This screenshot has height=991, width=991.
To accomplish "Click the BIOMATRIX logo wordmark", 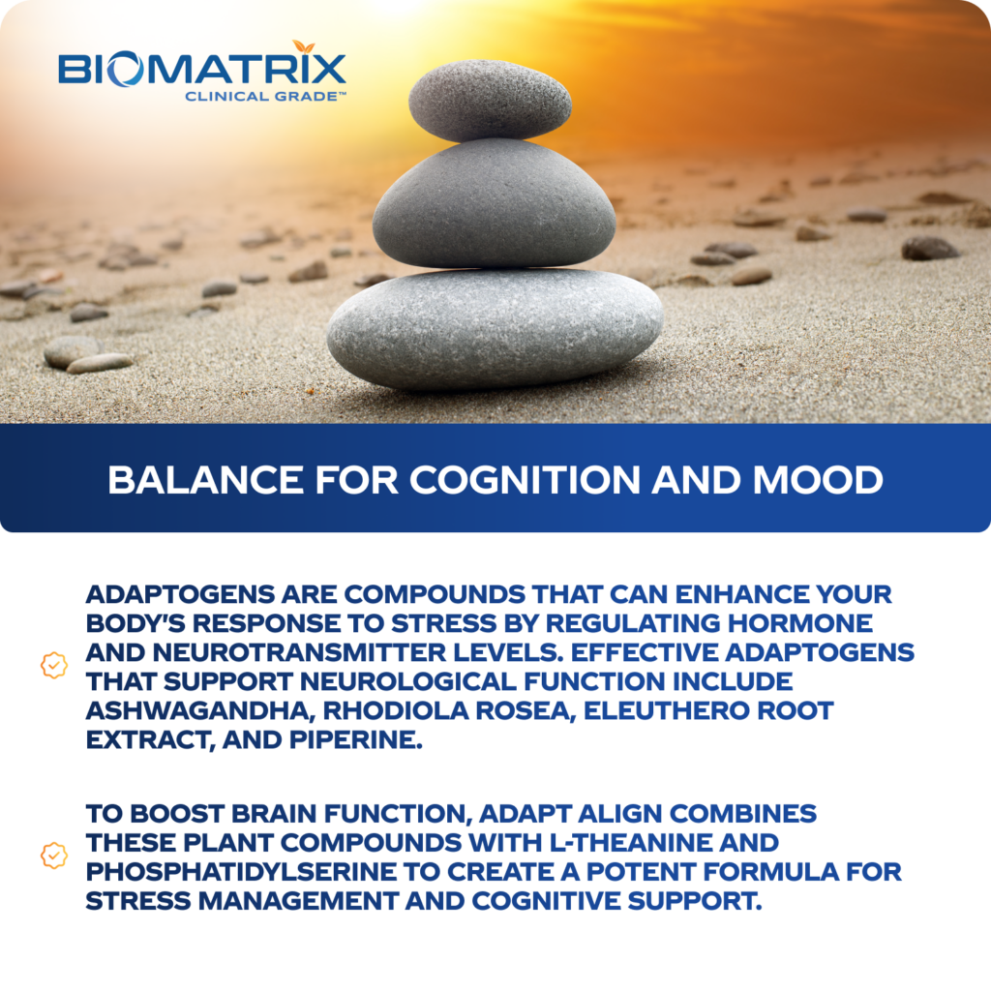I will click(201, 71).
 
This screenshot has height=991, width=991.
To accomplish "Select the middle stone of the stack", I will click(494, 204).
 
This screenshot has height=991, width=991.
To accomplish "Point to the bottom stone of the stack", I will click(495, 327).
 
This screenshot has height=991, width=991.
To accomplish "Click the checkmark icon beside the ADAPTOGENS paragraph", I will click(53, 667).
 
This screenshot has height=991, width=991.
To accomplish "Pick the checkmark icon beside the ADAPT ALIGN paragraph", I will click(53, 856).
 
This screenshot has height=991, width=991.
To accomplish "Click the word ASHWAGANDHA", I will click(198, 710).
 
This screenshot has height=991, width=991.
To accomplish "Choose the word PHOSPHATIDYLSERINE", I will click(241, 871).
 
